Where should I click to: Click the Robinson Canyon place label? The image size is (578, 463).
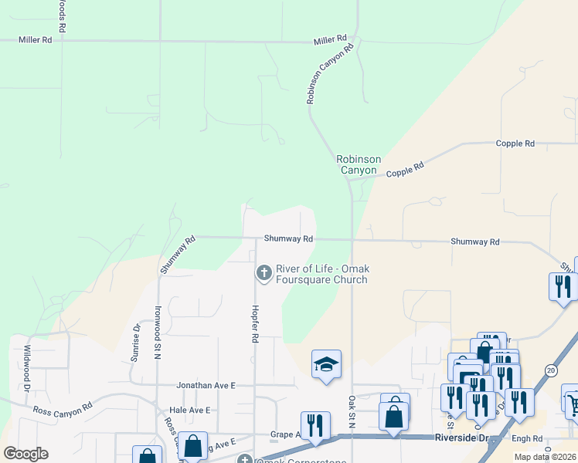pos(358,164)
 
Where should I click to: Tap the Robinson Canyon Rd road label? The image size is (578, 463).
pos(330,73)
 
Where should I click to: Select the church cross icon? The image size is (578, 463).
pos(263,272)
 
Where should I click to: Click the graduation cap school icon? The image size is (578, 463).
pos(326,365)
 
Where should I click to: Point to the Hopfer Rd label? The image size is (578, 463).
pos(253,323)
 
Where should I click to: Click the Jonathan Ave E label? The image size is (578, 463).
pos(205,384)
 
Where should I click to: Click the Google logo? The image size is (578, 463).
pos(25,454)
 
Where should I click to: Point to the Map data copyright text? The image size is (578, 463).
pos(545,457)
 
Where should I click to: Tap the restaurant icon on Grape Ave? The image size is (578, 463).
pos(314,427)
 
